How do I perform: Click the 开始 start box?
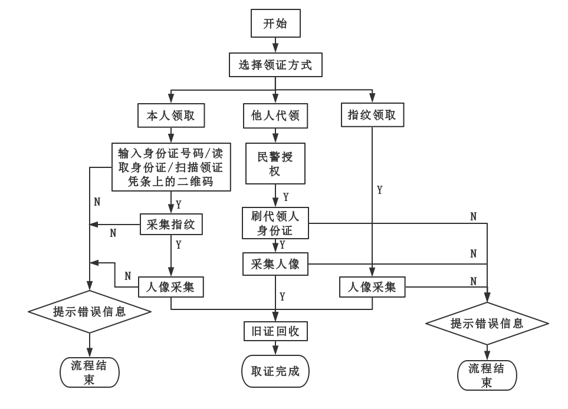point(275,25)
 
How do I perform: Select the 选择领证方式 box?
point(275,65)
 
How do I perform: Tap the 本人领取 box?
point(170,116)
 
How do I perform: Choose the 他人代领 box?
point(275,116)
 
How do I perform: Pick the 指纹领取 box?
point(372,115)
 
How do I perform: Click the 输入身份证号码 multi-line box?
point(170,167)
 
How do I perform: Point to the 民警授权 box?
point(275,164)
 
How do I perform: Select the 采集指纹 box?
point(170,224)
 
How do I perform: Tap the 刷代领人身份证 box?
point(275,223)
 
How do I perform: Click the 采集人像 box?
point(275,263)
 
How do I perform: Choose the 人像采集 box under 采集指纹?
point(170,287)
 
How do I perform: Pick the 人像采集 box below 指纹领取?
point(372,287)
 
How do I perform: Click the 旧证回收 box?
point(275,331)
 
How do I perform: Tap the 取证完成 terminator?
point(275,371)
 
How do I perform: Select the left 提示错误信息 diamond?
point(89,311)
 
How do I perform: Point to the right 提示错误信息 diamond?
point(487,323)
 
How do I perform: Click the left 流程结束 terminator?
point(89,372)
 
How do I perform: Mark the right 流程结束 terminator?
point(487,375)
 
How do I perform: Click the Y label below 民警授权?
point(286,196)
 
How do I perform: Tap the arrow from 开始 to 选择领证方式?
point(275,45)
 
